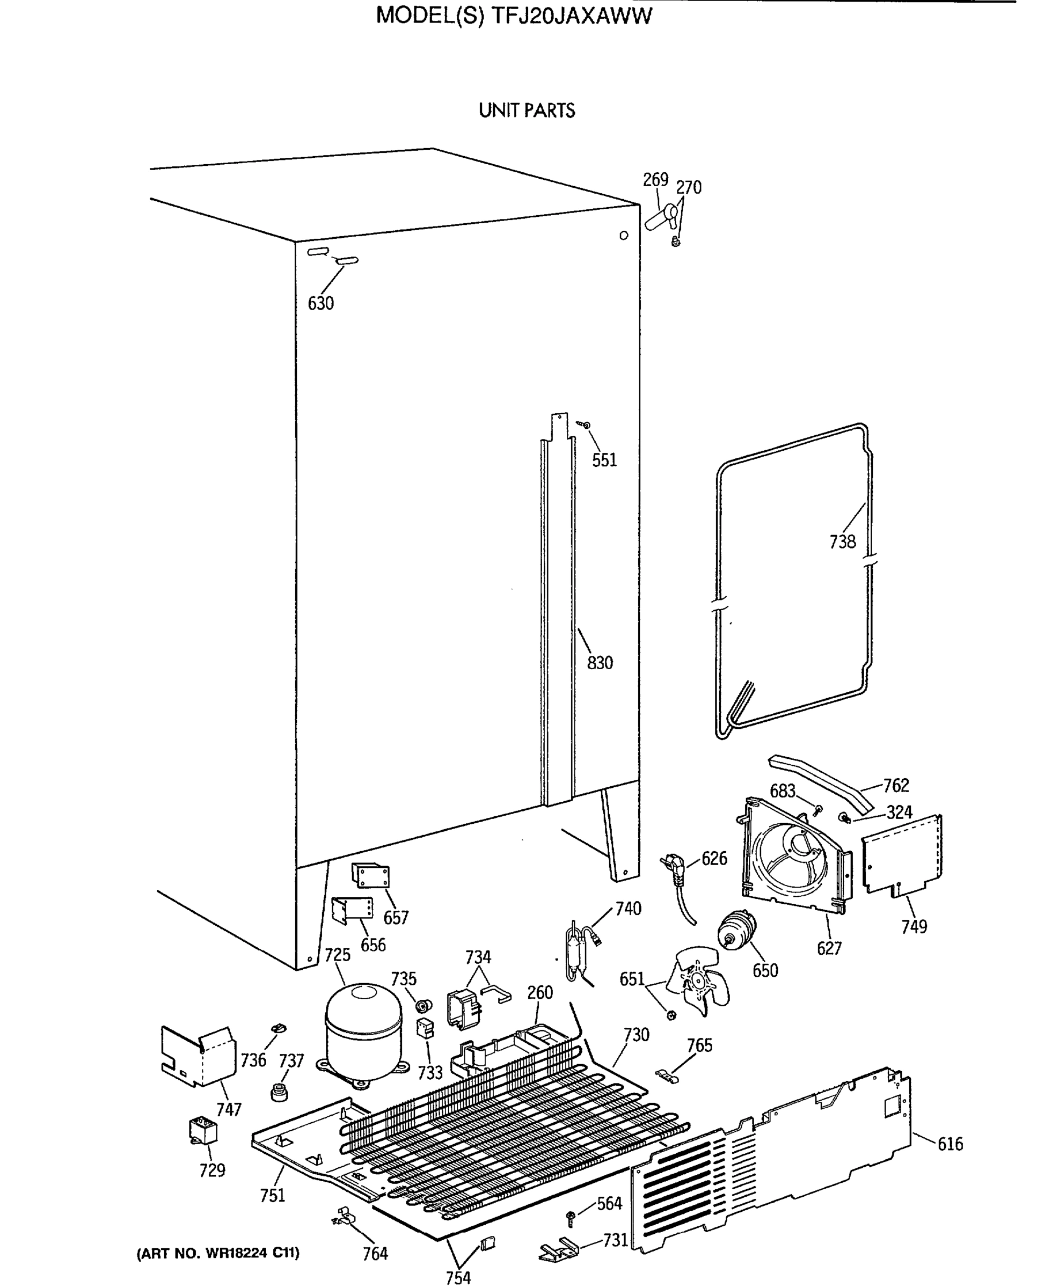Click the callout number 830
(x=600, y=663)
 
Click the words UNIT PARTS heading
(x=527, y=111)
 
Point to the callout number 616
(x=950, y=1144)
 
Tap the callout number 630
(x=320, y=303)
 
